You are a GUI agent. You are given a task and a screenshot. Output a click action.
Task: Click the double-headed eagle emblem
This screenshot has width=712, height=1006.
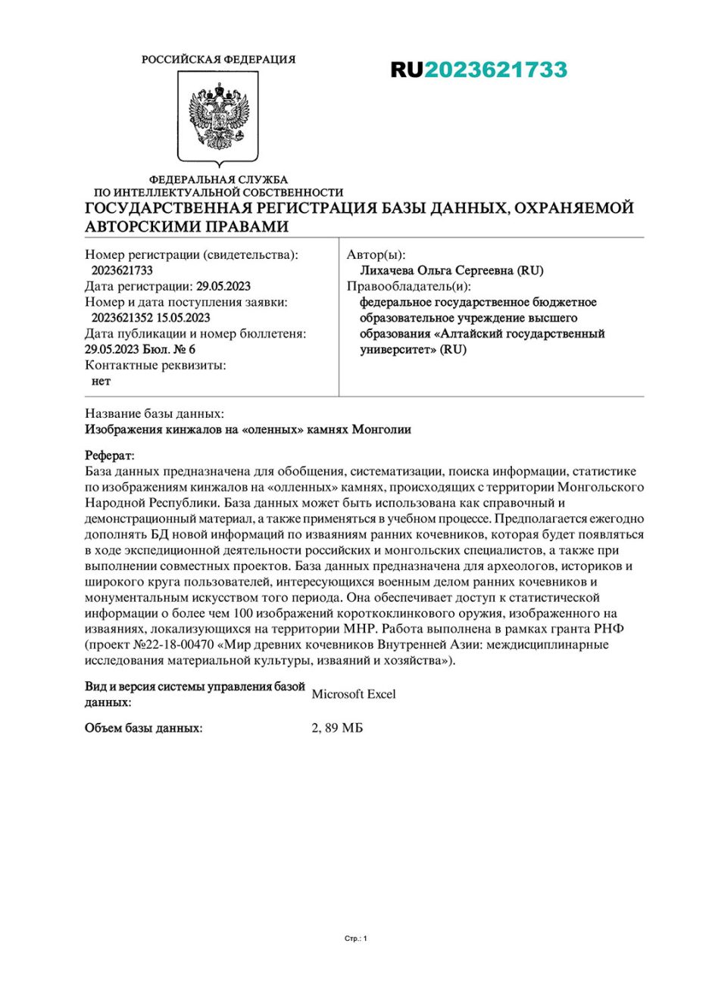218,117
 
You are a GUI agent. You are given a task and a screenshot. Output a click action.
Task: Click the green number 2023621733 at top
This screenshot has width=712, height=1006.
495,70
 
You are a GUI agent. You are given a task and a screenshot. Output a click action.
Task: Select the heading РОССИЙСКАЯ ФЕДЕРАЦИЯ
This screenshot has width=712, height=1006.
218,59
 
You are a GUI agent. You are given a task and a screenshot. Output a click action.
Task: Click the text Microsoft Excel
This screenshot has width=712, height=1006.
353,694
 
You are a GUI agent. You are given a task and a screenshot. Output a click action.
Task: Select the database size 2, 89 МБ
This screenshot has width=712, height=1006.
337,728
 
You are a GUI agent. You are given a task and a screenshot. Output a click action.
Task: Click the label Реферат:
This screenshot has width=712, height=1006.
110,456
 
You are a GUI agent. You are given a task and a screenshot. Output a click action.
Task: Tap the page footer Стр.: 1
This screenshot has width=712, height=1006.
355,939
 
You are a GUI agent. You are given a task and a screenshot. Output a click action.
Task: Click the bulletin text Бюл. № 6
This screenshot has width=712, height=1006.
169,349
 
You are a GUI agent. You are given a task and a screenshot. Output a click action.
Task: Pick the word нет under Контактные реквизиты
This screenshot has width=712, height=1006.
101,381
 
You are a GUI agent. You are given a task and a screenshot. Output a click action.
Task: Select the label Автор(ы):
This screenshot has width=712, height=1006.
376,255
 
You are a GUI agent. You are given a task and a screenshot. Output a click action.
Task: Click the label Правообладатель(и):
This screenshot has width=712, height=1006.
408,286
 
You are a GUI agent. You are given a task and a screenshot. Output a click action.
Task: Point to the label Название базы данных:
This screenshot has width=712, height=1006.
154,413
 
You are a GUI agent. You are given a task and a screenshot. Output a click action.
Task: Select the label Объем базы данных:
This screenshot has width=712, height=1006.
143,728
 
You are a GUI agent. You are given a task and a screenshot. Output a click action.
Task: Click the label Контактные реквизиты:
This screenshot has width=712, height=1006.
155,365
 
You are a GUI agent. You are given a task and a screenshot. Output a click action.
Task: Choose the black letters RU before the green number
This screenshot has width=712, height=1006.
407,70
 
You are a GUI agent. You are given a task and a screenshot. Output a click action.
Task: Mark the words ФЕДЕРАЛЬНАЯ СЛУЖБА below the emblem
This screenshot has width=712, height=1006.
218,179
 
